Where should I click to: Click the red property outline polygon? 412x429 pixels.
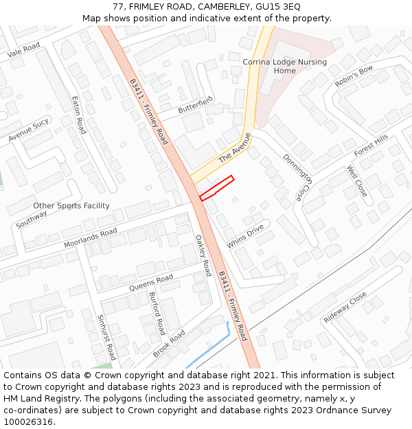coord(217,188)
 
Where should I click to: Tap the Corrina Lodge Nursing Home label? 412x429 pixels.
coord(284,67)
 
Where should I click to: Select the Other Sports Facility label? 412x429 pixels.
coord(71,206)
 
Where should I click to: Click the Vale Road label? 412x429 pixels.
coord(24,50)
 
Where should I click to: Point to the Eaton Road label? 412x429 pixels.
coord(78,115)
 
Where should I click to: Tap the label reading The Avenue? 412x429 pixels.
coord(236,148)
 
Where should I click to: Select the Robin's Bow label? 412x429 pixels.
coord(354,76)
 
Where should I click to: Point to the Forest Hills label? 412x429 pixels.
coord(371,145)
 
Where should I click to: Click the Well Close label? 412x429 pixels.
coord(357,181)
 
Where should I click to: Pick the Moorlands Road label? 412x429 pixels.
coord(91,237)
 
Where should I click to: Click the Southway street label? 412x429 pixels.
coord(32,219)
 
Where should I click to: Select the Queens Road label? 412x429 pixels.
coord(151,282)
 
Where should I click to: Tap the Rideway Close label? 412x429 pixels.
coord(345,308)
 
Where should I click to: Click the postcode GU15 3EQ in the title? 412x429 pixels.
coord(277,7)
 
